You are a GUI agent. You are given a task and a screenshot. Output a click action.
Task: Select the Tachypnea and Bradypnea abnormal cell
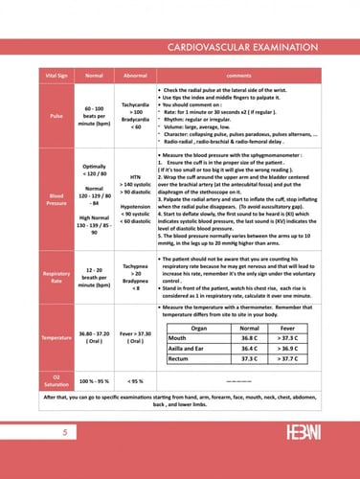[135, 276]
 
